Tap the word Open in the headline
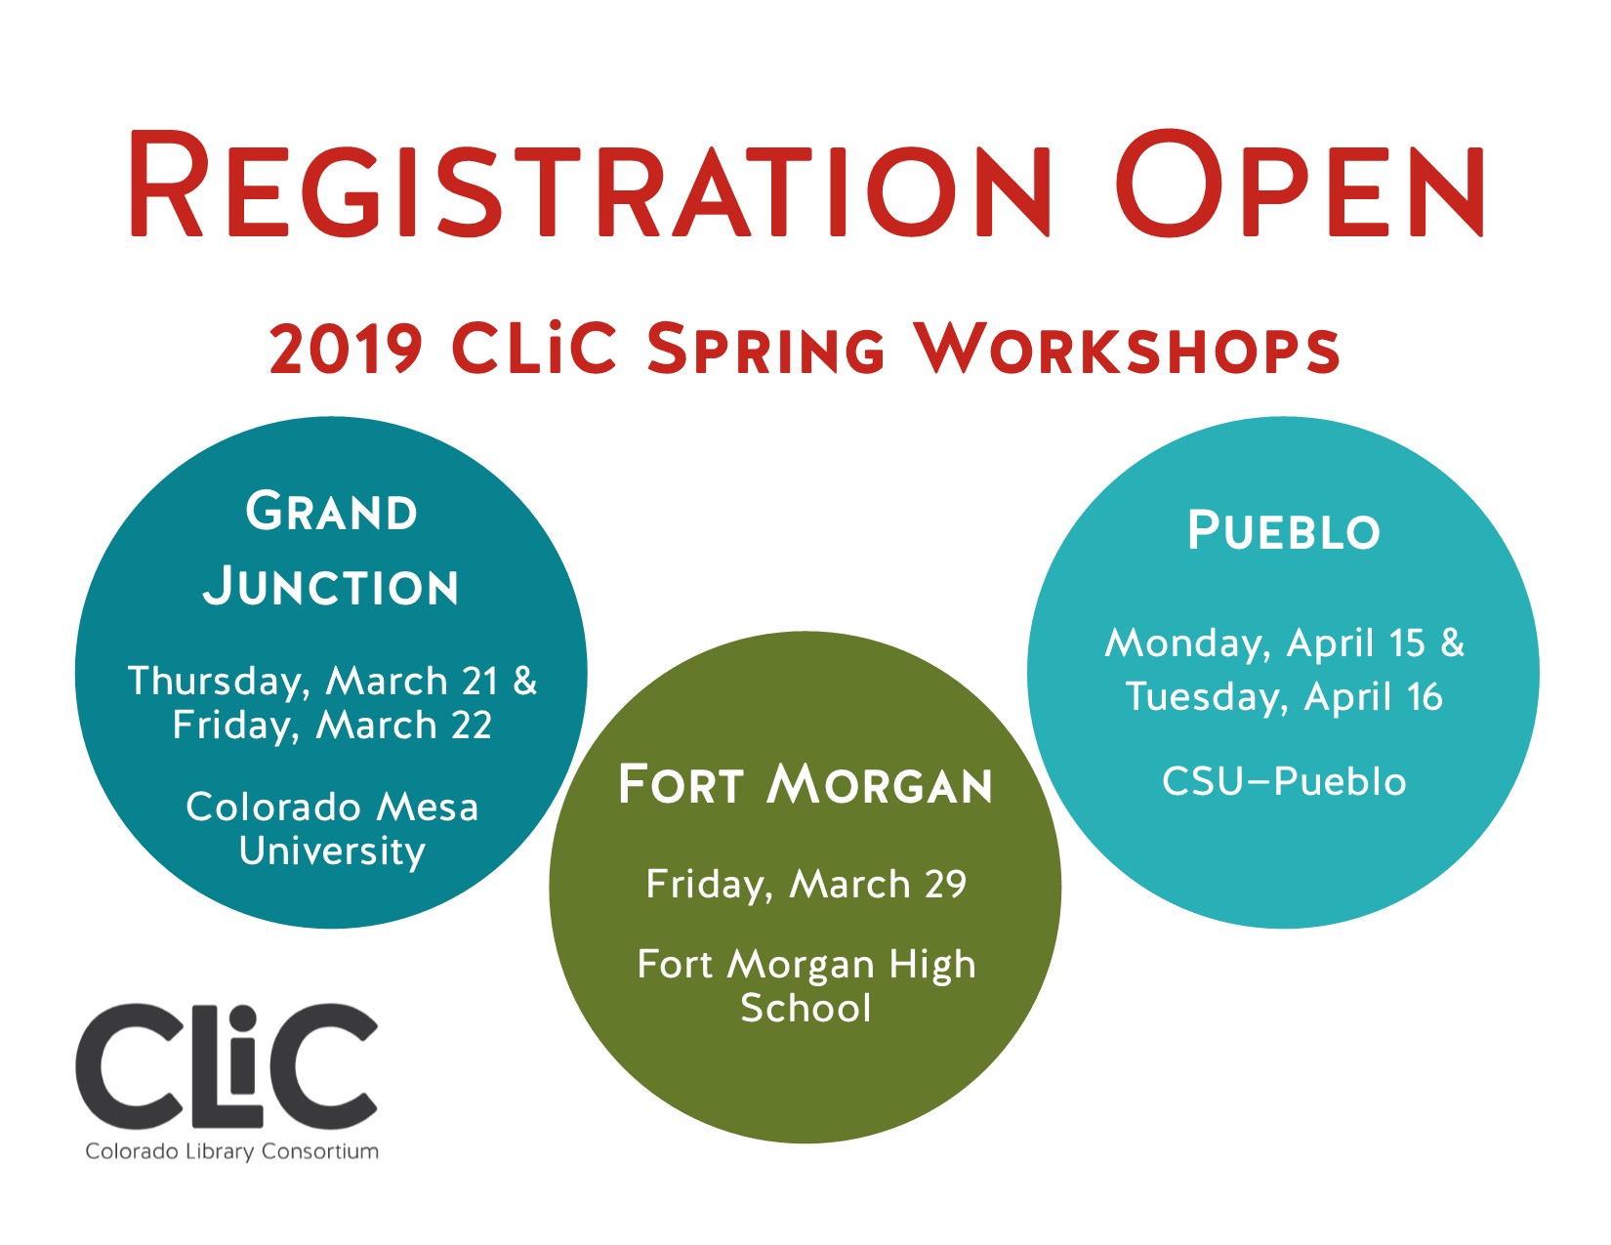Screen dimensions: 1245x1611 [x=1300, y=186]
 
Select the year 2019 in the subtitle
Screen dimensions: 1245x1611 [x=346, y=349]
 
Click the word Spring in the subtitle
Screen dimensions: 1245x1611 [x=765, y=349]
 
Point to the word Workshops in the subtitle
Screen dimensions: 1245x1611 [x=1127, y=349]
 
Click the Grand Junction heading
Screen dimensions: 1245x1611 [x=331, y=549]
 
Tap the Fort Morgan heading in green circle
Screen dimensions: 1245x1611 [x=805, y=786]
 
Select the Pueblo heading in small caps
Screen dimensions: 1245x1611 [x=1283, y=532]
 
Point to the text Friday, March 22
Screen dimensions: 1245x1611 [x=332, y=726]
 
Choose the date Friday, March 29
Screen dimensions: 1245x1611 [x=805, y=885]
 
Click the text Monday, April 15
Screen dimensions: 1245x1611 [x=1265, y=643]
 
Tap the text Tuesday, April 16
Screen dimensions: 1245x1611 [x=1283, y=697]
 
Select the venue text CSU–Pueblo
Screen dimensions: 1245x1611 [x=1283, y=782]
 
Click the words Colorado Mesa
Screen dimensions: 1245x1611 [x=332, y=808]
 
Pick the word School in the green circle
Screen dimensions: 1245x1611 [x=805, y=1009]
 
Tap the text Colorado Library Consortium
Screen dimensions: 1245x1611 [x=231, y=1151]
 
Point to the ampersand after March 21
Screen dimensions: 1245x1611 [x=525, y=682]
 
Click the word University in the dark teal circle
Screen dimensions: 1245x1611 [x=332, y=851]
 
